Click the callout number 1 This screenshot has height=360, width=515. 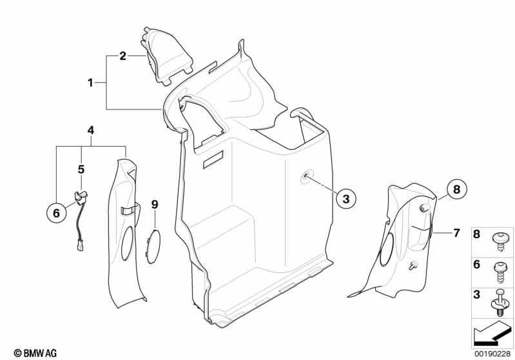click(x=90, y=82)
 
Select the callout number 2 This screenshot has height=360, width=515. click(x=122, y=56)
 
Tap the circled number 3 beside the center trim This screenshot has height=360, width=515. click(x=346, y=198)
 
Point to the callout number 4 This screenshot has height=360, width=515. click(x=91, y=130)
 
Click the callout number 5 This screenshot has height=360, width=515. click(x=81, y=169)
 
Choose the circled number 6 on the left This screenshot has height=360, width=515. click(x=57, y=213)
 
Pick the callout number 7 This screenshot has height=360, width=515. click(x=456, y=233)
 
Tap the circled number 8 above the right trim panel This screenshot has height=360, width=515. click(x=457, y=189)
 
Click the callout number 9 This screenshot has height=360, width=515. click(x=155, y=204)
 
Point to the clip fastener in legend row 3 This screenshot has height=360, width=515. click(x=499, y=302)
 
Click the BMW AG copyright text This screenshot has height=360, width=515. click(x=35, y=353)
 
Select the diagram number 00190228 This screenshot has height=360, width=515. click(x=492, y=354)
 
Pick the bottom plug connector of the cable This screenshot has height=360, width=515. click(x=81, y=246)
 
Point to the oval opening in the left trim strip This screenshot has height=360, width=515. click(x=127, y=242)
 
